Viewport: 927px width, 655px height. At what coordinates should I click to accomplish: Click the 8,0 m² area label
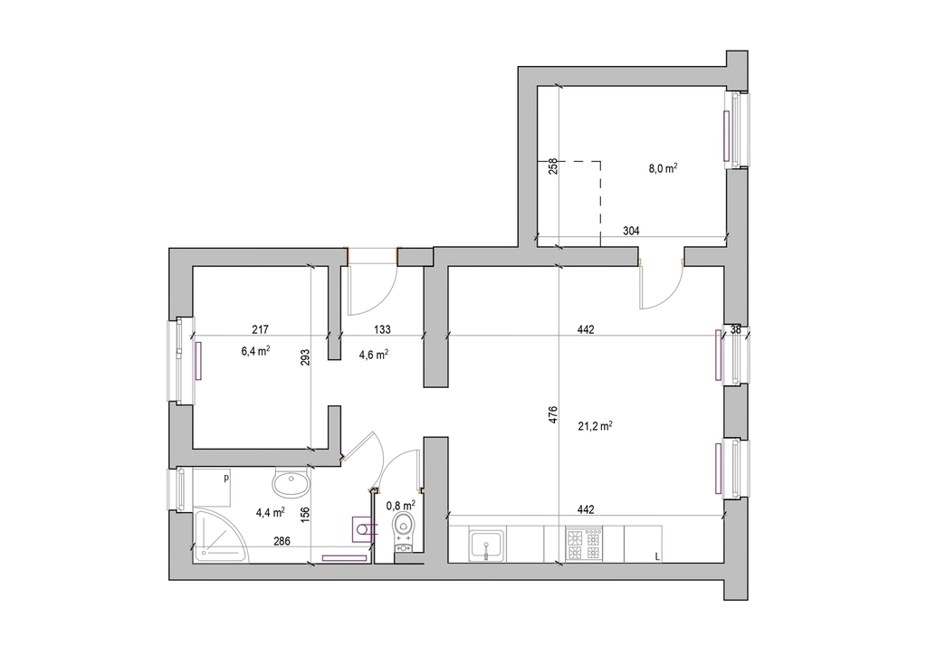tap(663, 168)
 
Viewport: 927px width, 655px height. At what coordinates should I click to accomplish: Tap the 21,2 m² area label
tap(595, 426)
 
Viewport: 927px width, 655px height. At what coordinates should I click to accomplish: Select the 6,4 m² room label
tap(255, 351)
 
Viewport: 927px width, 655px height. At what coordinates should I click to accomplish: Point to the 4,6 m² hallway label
tap(374, 355)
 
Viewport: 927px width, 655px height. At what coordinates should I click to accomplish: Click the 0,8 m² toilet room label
tap(400, 506)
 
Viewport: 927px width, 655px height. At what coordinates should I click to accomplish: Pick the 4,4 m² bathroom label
tap(270, 512)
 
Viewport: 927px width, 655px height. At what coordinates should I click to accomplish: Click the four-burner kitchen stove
tap(584, 545)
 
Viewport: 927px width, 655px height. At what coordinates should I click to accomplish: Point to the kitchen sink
tap(486, 545)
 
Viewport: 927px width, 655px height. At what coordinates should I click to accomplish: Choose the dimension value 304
tap(631, 231)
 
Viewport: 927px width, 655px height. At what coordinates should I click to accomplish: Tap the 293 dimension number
tap(305, 358)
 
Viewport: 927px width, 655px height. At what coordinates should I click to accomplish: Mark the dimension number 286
tap(282, 541)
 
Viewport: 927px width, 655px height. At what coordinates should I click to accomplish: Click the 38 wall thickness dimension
tap(735, 330)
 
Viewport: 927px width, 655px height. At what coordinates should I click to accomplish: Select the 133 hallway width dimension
tap(383, 329)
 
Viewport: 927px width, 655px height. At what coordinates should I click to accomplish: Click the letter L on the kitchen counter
tap(657, 555)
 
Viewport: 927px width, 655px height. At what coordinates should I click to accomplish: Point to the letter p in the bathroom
tap(225, 479)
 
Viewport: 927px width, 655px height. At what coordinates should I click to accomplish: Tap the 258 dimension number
tap(553, 166)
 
